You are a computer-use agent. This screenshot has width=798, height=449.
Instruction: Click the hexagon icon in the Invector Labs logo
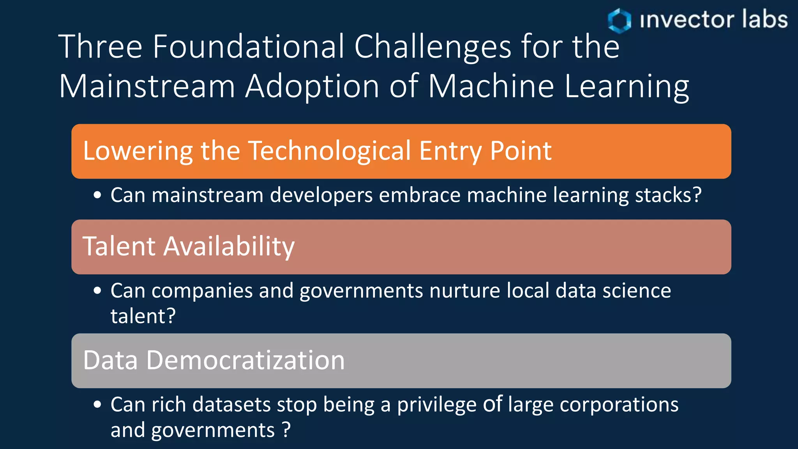[x=619, y=20]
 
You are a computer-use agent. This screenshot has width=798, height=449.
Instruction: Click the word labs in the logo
[x=764, y=19]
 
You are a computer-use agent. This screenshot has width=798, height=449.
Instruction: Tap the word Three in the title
[x=101, y=47]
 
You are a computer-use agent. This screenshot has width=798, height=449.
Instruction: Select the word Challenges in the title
[x=432, y=47]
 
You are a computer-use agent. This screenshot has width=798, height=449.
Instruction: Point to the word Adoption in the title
[x=312, y=87]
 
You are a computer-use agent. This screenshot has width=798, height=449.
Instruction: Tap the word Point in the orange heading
[x=521, y=151]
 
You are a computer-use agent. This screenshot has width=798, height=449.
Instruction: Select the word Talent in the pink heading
[x=119, y=246]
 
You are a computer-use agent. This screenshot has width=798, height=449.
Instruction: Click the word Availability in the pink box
[x=229, y=247]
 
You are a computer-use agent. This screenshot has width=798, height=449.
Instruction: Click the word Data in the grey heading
[x=110, y=360]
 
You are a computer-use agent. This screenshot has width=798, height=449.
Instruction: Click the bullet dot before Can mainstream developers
[x=97, y=195]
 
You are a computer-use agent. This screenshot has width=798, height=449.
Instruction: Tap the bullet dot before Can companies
[x=97, y=290]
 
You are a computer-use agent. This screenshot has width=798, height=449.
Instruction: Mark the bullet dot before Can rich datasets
[x=97, y=404]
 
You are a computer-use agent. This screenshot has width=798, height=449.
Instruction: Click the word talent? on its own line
[x=143, y=316]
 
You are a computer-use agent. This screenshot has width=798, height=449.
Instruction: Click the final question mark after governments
[x=286, y=430]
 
